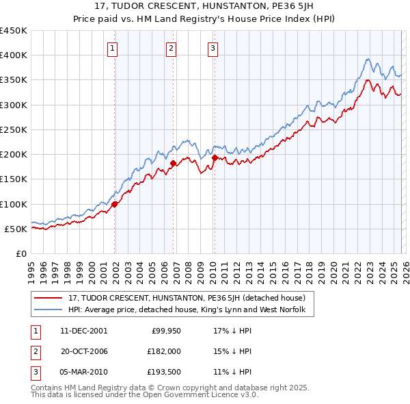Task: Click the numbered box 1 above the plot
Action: tap(112, 48)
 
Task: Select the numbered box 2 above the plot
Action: tap(170, 48)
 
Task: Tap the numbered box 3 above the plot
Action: tap(213, 48)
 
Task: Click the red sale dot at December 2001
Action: tap(115, 203)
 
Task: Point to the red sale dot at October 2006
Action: tap(174, 163)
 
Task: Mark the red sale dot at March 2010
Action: tap(215, 157)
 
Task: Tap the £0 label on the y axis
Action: tap(20, 253)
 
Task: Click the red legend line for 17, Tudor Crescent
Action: tap(49, 299)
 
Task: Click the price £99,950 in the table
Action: tap(162, 331)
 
